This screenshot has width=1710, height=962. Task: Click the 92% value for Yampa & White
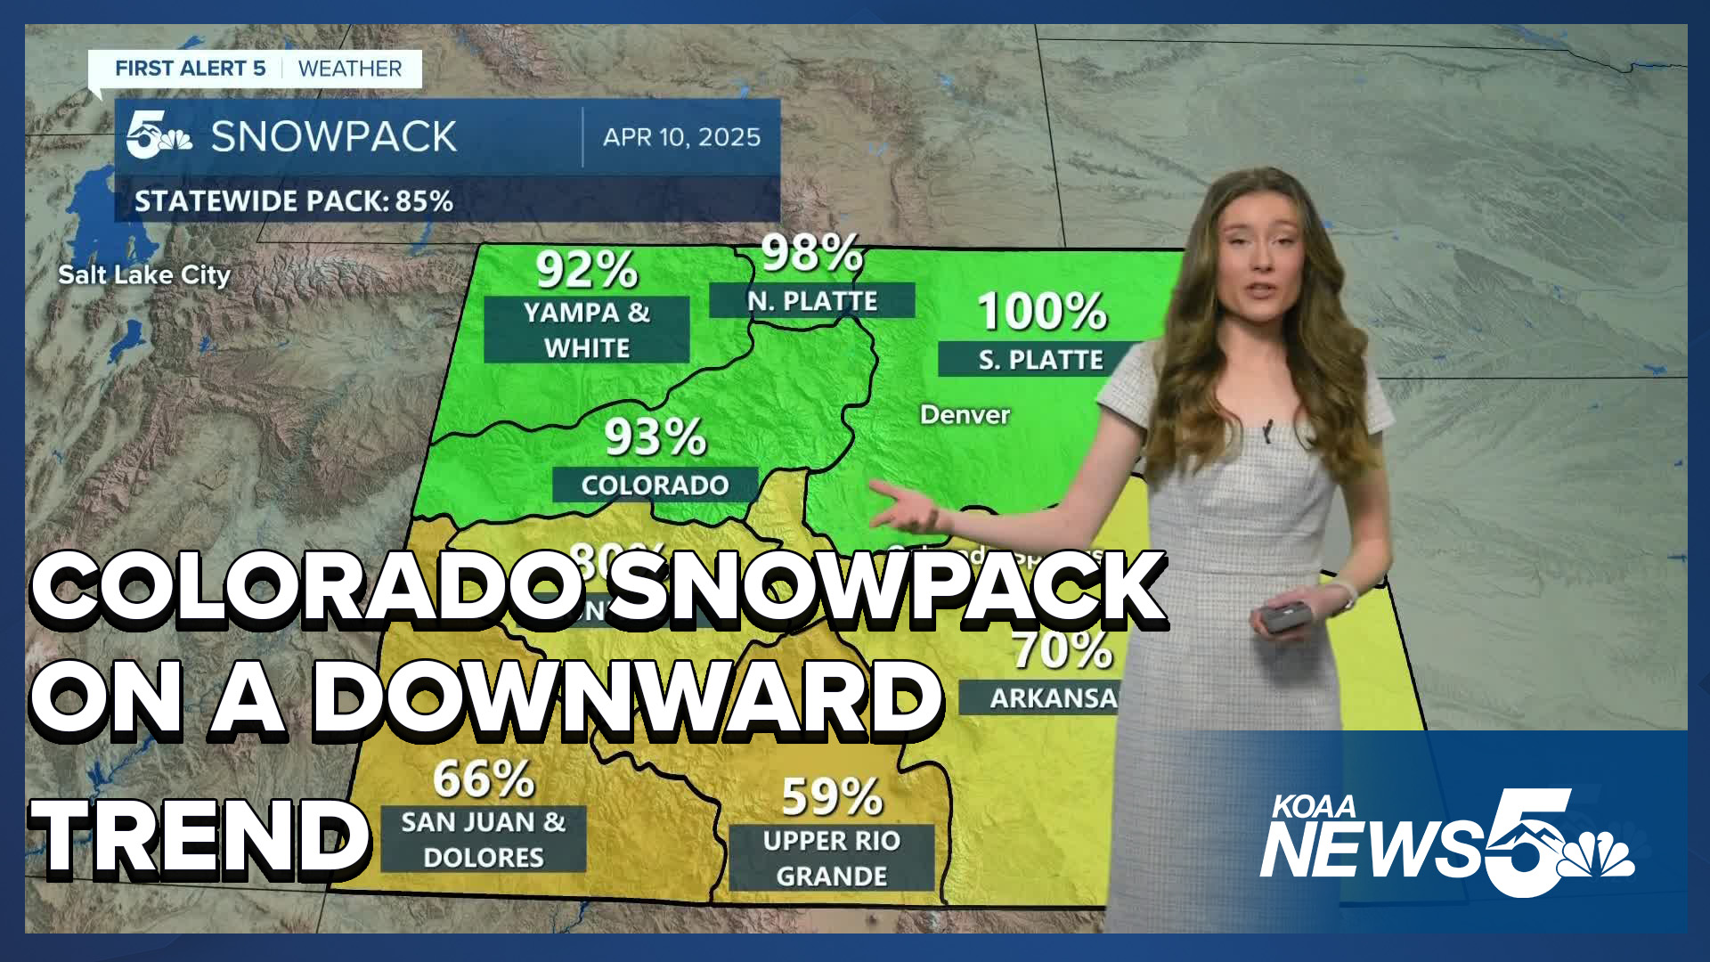tap(587, 269)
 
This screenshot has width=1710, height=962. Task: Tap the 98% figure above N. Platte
tap(811, 253)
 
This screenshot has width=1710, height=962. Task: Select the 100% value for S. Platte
tap(1042, 312)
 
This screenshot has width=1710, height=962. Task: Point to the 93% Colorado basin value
tap(655, 437)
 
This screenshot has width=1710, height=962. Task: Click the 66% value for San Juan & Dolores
tap(484, 779)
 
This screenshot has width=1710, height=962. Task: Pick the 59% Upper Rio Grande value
tap(832, 797)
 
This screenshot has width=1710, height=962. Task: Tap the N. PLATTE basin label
tap(812, 301)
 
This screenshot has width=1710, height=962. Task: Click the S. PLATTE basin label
tap(1040, 360)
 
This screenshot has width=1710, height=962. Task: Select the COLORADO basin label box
tap(655, 485)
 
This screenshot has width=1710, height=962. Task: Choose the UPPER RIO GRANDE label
tap(832, 858)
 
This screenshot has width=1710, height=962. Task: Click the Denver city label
tap(965, 415)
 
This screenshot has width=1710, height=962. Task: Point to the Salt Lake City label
tap(144, 274)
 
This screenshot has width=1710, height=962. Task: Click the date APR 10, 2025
tap(681, 137)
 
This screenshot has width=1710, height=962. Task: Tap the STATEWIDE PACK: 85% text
tap(294, 201)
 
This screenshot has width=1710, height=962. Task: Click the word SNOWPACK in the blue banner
tap(334, 137)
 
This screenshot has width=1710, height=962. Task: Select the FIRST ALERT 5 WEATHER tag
tap(257, 69)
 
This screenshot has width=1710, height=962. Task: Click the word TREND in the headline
tap(200, 836)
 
